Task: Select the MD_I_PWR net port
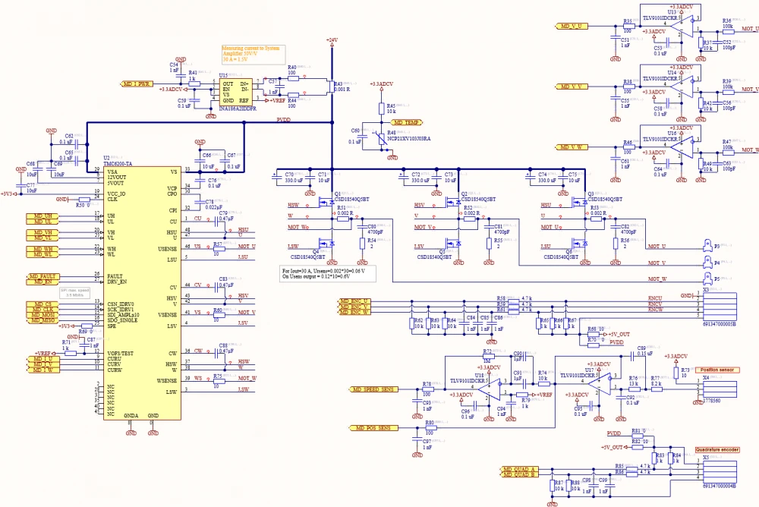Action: tap(137, 83)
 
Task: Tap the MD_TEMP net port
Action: tap(405, 122)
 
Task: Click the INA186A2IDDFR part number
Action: tap(238, 109)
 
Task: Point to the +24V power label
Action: tap(332, 39)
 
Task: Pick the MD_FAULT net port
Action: tap(43, 276)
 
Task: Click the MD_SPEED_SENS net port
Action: tap(373, 389)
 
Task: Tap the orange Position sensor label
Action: tap(717, 370)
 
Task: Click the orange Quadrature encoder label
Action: tap(717, 450)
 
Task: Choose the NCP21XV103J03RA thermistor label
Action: tap(409, 140)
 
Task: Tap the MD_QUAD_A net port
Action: tap(519, 470)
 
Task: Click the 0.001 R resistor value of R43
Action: tap(342, 89)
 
